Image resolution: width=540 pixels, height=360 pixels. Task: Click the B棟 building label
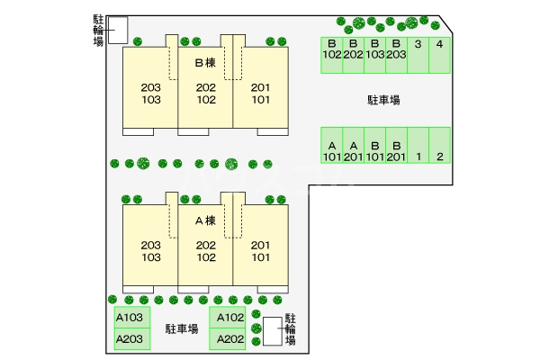click(205, 63)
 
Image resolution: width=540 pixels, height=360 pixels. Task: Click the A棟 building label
click(205, 220)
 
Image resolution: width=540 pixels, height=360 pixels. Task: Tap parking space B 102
click(331, 55)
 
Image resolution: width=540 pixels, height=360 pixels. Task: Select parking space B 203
click(396, 55)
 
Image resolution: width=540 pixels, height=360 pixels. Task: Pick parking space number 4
click(439, 55)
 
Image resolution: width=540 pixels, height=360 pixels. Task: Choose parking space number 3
click(418, 55)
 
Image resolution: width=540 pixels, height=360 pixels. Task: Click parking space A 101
click(331, 145)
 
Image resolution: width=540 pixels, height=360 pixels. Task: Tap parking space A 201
click(354, 145)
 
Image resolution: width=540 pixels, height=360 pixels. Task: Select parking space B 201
click(396, 145)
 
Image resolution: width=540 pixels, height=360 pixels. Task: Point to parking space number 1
click(418, 145)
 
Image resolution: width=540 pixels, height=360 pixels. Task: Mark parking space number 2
click(439, 145)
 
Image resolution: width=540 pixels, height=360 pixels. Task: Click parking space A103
click(132, 318)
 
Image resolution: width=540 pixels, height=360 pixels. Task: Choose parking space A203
click(132, 339)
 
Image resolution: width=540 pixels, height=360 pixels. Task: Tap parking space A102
click(228, 318)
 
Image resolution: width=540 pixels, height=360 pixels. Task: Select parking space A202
click(228, 339)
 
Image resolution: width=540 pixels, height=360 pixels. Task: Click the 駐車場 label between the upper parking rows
click(383, 100)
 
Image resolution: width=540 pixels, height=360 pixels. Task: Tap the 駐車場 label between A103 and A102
click(182, 328)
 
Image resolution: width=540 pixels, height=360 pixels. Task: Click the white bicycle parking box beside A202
click(273, 331)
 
